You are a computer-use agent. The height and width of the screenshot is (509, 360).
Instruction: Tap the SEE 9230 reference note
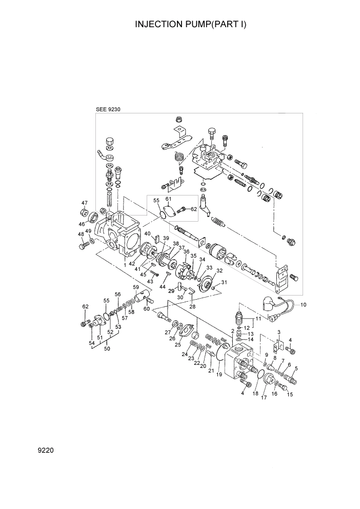pos(108,109)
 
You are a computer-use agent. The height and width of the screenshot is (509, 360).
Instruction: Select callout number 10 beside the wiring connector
pos(303,305)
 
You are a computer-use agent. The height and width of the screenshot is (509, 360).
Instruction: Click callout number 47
pos(85,203)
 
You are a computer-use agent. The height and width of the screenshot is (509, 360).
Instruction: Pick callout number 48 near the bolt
pos(81,234)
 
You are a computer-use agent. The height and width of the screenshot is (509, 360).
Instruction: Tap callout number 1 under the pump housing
pos(125,265)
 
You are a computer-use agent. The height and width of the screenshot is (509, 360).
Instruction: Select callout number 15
pos(290,395)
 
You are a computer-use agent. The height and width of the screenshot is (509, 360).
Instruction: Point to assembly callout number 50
pos(107,349)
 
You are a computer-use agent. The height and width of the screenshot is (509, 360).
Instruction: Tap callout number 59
pos(136,287)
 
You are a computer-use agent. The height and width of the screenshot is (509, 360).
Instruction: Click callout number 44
pos(163,286)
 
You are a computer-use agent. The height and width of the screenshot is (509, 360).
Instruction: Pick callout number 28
pos(193,306)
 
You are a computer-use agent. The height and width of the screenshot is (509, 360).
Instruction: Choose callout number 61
pos(168,199)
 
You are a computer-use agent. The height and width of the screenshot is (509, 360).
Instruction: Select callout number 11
pos(258,319)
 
